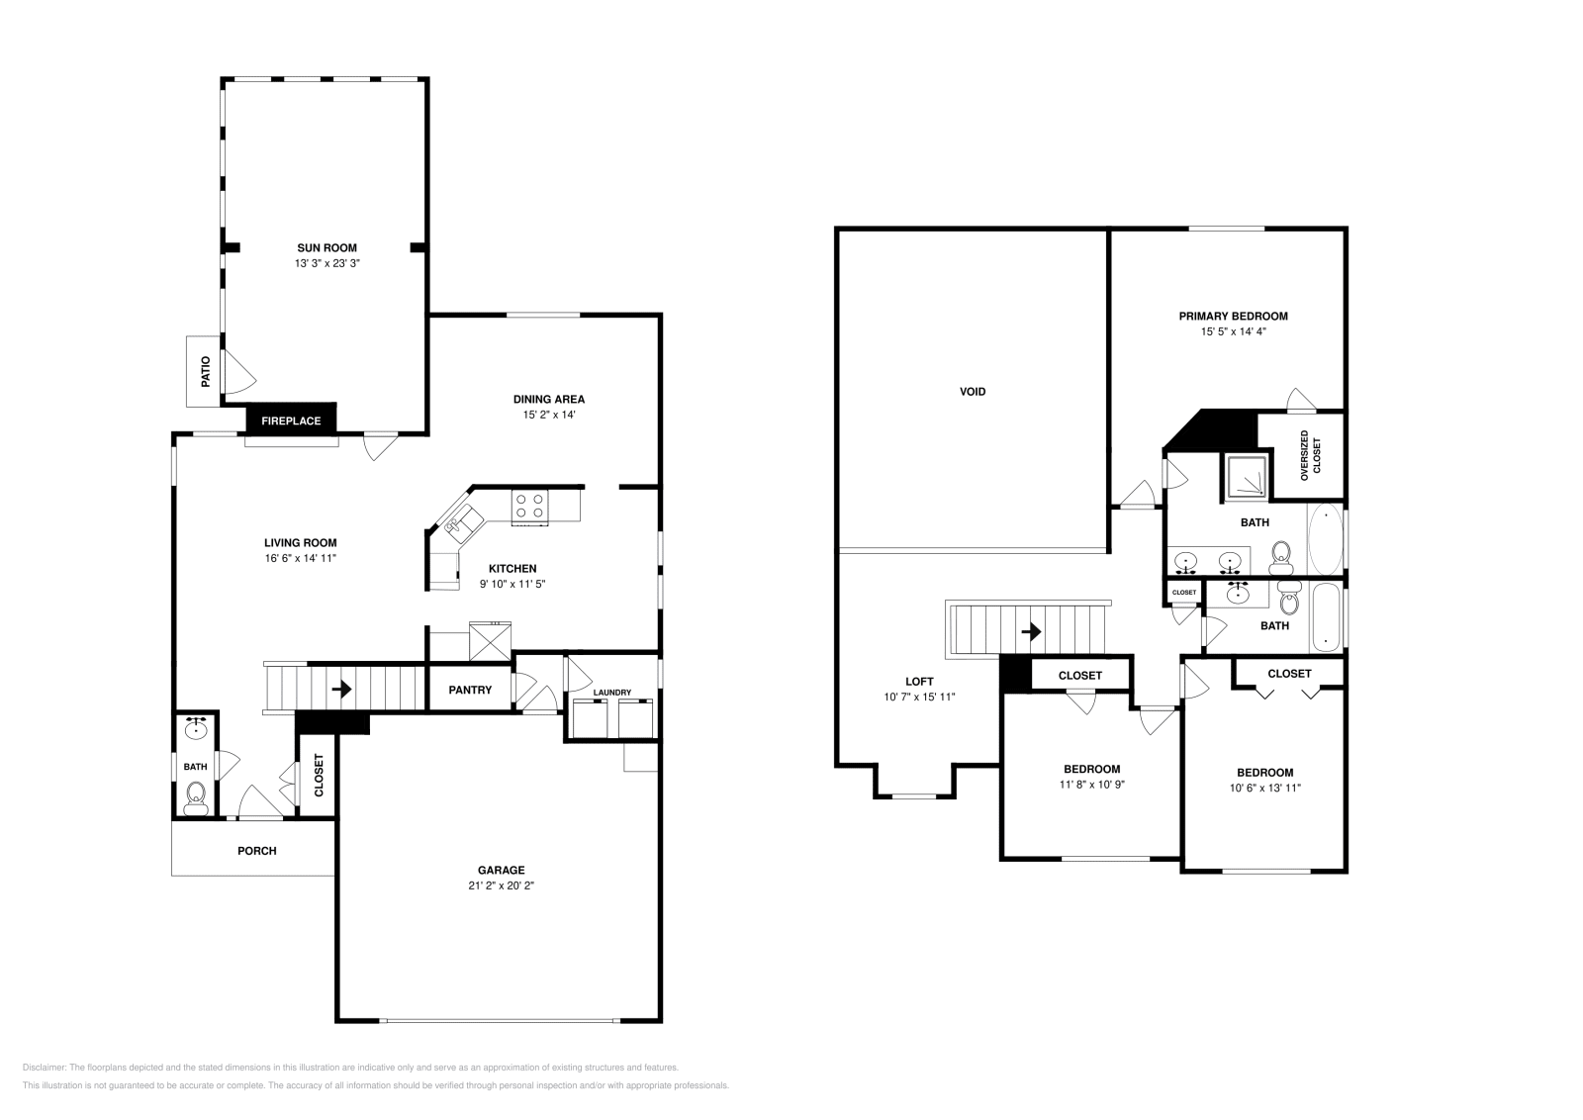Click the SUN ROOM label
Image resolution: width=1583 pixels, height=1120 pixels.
(x=326, y=247)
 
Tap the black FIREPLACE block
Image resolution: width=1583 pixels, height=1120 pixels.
(x=291, y=420)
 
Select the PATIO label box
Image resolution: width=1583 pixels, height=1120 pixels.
(x=206, y=371)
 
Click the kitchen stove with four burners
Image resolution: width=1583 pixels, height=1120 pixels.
(x=529, y=507)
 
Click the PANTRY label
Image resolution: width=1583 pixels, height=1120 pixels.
(x=470, y=690)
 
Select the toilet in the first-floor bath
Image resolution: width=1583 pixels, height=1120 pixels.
(x=196, y=794)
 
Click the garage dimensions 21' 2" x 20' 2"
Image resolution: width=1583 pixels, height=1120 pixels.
(x=502, y=886)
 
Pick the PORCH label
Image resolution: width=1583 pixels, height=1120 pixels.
(x=257, y=851)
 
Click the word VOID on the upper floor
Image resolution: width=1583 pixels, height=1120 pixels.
(x=973, y=392)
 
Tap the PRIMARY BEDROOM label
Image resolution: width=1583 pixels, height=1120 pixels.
(x=1233, y=317)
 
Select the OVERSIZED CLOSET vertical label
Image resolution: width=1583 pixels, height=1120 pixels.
(x=1310, y=455)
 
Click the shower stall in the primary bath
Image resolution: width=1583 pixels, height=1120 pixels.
(x=1247, y=477)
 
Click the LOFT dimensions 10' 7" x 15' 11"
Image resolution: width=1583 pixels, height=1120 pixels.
(x=919, y=697)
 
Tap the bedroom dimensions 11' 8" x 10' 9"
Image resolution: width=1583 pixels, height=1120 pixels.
(x=1091, y=784)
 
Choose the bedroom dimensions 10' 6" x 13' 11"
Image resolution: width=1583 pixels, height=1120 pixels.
(x=1264, y=788)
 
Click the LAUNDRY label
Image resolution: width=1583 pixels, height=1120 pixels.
(x=611, y=693)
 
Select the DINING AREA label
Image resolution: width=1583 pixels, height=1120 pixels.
(x=548, y=400)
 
